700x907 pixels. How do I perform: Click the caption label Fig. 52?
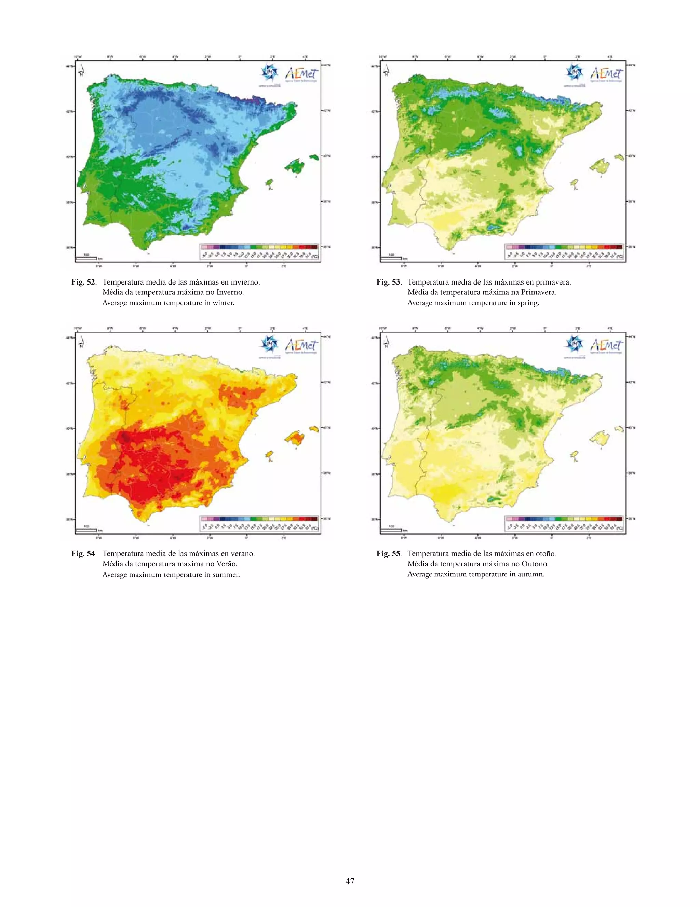[83, 282]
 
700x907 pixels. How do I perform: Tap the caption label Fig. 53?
[388, 282]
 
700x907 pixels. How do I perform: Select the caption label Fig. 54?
[83, 553]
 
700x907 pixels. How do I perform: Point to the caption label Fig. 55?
[388, 553]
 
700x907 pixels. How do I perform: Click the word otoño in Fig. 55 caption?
[545, 553]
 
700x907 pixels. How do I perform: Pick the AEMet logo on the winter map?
[301, 74]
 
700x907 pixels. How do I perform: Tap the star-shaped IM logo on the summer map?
[268, 344]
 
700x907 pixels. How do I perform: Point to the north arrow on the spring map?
[386, 71]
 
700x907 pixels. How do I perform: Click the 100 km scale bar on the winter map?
[86, 258]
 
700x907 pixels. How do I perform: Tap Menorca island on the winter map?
[314, 157]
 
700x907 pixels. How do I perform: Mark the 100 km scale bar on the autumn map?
[391, 530]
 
